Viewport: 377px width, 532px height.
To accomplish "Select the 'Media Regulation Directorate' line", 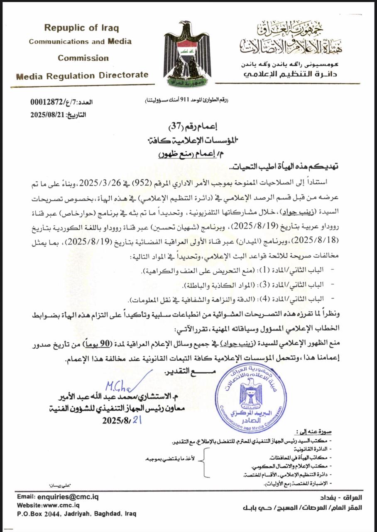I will coord(82,75).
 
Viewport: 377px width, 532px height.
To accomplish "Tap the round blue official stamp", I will coord(251,392).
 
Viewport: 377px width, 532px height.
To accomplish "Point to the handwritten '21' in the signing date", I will coord(137,420).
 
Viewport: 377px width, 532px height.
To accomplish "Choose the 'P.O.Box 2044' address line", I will coord(76,514).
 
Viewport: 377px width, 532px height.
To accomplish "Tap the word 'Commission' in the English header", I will coord(83,58).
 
